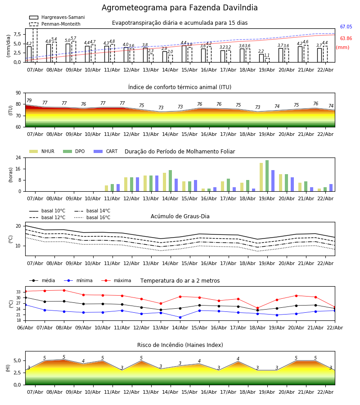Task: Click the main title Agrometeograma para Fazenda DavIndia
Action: [180, 8]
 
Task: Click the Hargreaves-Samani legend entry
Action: [57, 17]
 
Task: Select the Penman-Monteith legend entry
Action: [55, 24]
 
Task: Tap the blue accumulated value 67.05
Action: [346, 27]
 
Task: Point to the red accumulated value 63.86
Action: [346, 39]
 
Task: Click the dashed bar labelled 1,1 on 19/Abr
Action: [267, 60]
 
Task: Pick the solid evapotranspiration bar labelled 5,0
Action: [68, 53]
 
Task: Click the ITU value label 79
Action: [29, 100]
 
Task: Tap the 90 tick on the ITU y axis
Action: [18, 93]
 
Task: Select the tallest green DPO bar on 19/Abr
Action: [267, 176]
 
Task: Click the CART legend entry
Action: [106, 151]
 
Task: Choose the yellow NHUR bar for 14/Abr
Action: [165, 182]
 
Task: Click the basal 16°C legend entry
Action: [92, 217]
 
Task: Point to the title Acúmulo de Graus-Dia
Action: [180, 216]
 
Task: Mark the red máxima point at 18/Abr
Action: [257, 308]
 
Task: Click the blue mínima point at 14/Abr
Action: [180, 317]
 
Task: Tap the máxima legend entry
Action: [116, 280]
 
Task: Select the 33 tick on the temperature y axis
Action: [18, 292]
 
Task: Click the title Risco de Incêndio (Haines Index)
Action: [180, 345]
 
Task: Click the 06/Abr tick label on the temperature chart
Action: [25, 328]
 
